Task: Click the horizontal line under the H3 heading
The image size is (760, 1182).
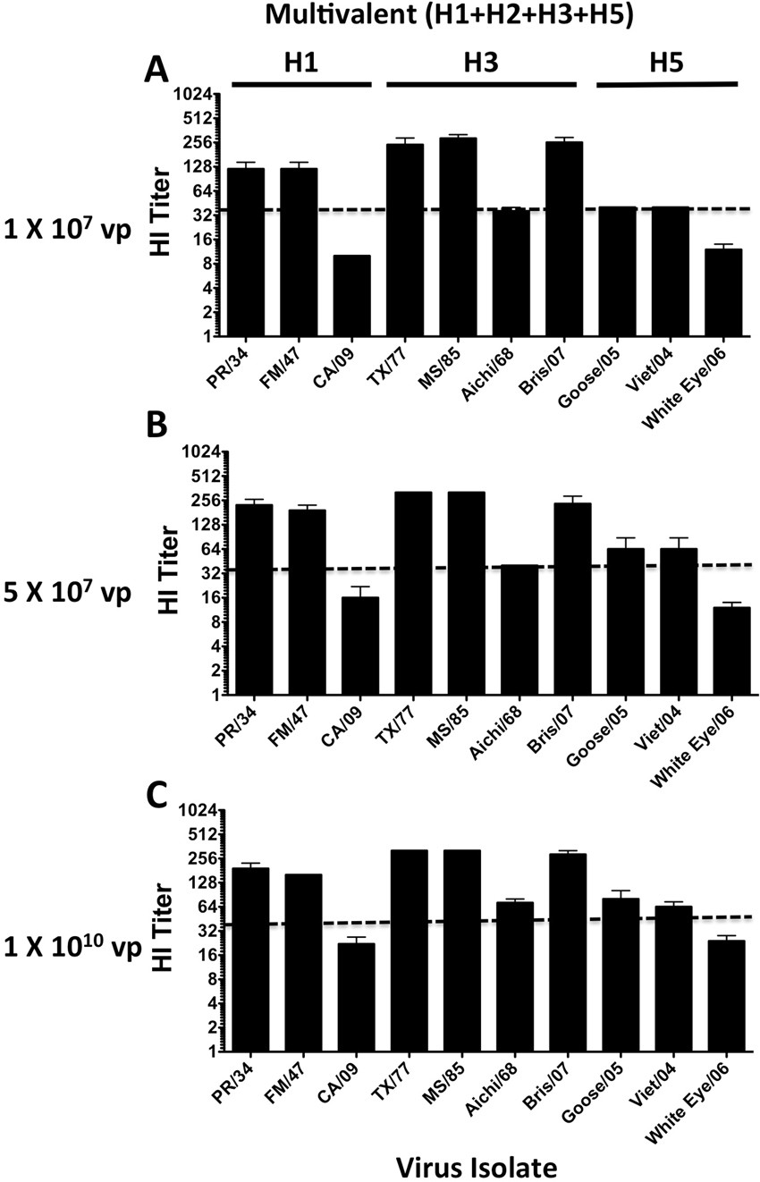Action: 482,85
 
